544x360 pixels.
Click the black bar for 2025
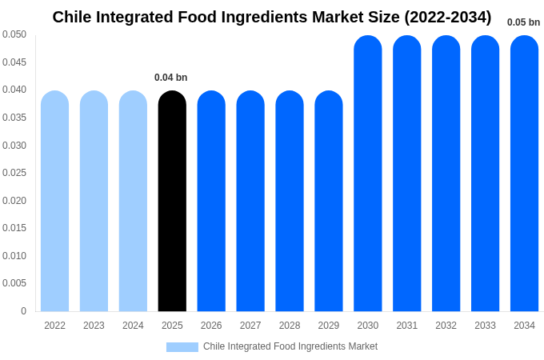coord(172,201)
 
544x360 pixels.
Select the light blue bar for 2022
coord(54,201)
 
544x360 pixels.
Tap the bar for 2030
coord(368,174)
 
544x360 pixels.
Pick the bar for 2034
coord(524,174)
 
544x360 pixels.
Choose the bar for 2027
coord(250,201)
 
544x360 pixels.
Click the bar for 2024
coord(133,201)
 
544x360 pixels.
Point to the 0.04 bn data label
coord(171,78)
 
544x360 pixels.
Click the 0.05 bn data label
coord(523,22)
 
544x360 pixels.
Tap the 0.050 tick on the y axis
coord(14,34)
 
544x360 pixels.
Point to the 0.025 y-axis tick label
coord(14,173)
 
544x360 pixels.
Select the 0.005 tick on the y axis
coord(14,283)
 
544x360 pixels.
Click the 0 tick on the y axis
coord(23,311)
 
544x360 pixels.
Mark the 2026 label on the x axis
coord(211,326)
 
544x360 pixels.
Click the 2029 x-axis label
coord(329,326)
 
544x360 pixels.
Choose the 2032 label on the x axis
coord(446,326)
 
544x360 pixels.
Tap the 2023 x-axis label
coord(94,326)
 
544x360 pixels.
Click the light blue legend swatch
coord(182,347)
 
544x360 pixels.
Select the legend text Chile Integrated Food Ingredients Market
coord(290,346)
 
